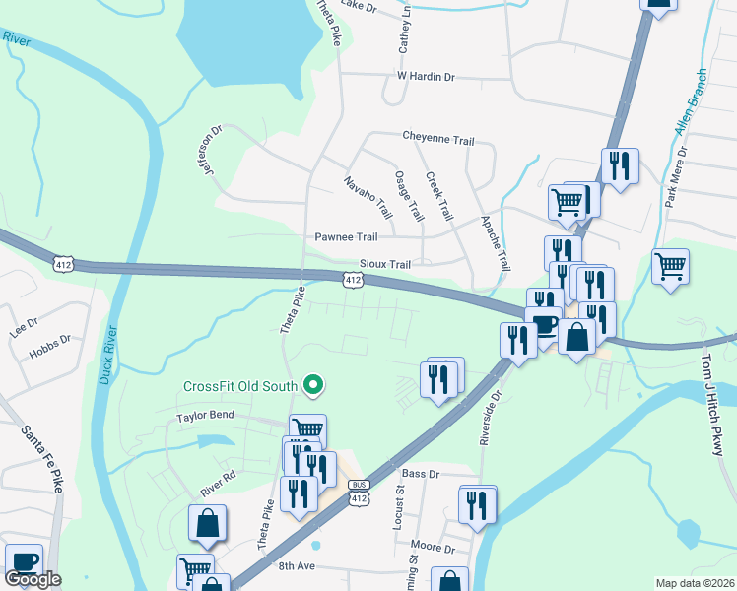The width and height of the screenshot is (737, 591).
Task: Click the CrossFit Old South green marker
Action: coord(314,384)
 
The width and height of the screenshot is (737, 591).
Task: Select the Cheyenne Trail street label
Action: coord(437,139)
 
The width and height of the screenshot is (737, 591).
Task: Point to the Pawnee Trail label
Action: coord(346,237)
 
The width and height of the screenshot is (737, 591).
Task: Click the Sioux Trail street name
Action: coord(384,265)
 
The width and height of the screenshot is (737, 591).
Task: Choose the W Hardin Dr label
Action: coord(426,75)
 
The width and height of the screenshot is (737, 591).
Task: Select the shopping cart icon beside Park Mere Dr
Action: coord(670,266)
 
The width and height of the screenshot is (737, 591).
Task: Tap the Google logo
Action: coord(33,579)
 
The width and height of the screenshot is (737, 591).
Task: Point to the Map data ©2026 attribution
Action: coord(694,583)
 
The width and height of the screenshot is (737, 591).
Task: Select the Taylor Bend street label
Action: coord(205,416)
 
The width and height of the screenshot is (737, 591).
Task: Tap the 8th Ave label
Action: coord(295,566)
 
